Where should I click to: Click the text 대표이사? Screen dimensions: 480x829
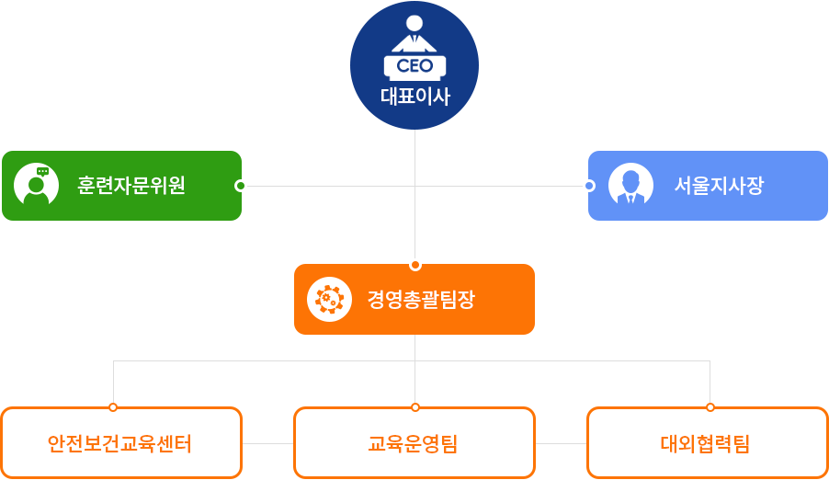414,97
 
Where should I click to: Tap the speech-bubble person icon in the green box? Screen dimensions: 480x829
37,185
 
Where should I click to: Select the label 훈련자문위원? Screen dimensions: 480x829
131,185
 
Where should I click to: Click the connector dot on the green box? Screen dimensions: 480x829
241,186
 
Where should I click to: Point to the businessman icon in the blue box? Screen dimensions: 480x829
630,185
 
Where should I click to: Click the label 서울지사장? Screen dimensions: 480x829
719,185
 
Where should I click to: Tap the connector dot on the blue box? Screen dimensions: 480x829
589,186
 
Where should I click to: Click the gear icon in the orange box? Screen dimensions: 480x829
329,299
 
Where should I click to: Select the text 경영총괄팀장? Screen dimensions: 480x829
421,300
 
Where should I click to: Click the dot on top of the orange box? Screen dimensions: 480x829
415,265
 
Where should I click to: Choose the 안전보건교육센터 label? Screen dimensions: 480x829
119,445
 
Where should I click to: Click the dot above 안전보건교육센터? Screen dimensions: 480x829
113,406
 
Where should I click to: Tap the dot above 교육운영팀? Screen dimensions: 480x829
415,406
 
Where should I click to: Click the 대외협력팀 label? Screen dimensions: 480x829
705,445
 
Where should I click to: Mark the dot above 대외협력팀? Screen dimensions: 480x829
710,406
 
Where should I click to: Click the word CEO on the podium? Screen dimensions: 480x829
414,66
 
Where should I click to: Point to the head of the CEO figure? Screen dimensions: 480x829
414,23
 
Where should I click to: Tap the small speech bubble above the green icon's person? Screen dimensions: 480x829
42,171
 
